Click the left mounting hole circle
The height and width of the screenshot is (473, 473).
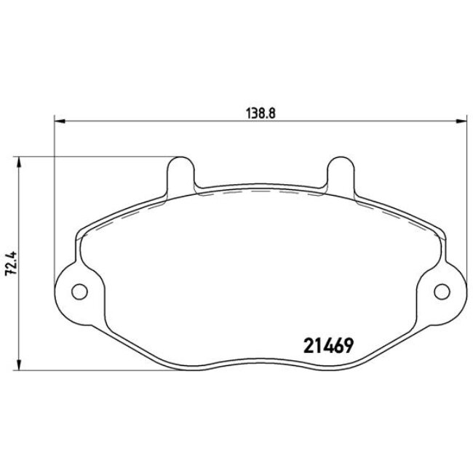coord(79,292)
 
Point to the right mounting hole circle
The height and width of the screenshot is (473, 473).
coord(442,292)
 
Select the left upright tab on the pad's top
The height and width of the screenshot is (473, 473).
coord(181,172)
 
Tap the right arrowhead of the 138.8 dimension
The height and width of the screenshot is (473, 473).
coord(461,121)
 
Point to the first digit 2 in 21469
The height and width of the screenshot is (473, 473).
coord(306,345)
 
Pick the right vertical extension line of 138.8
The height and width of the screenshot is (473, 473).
coord(466,189)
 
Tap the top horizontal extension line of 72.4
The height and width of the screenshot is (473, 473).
coord(95,156)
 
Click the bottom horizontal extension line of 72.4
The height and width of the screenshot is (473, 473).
coord(109,371)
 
